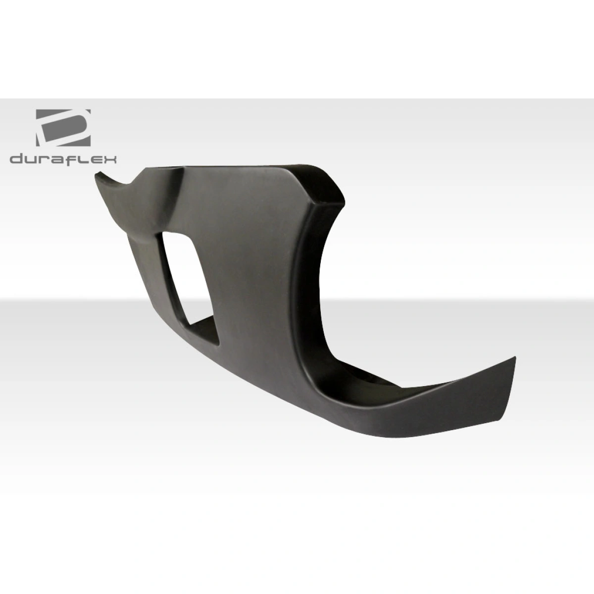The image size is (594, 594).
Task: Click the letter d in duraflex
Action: [16, 159]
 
